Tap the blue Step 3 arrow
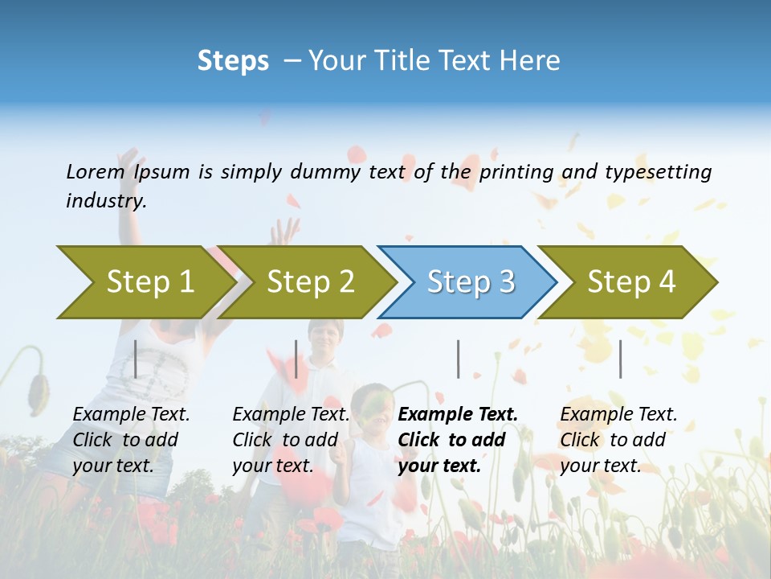point(471,282)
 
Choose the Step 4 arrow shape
point(631,282)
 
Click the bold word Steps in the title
point(233,61)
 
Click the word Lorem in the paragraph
point(96,171)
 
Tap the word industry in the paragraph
point(105,201)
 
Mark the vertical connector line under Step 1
point(136,359)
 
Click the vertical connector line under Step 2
point(296,359)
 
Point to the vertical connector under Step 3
point(458,359)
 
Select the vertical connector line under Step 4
point(620,359)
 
